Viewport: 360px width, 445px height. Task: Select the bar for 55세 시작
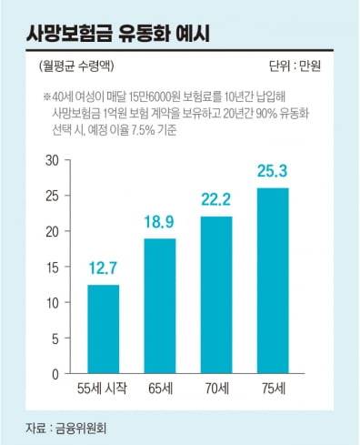pyautogui.click(x=103, y=329)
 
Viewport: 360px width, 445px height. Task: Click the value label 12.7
pyautogui.click(x=103, y=269)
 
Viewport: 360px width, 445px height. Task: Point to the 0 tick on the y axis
pyautogui.click(x=55, y=373)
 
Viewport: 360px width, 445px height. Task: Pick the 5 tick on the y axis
pyautogui.click(x=55, y=338)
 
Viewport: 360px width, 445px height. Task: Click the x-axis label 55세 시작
pyautogui.click(x=102, y=389)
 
